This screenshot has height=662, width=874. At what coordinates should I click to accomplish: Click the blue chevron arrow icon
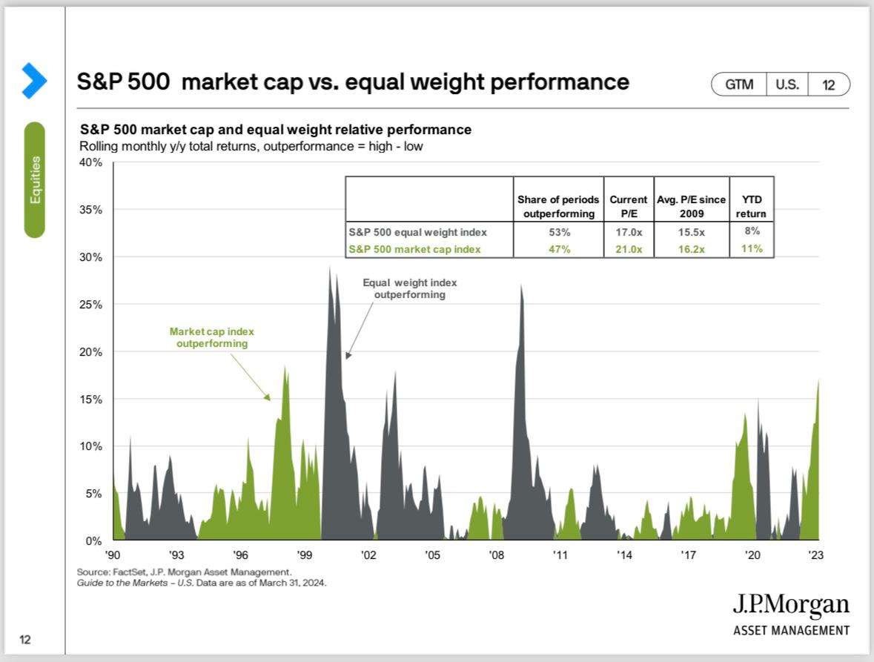pos(34,81)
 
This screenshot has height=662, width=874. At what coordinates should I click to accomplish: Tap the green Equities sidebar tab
pos(35,179)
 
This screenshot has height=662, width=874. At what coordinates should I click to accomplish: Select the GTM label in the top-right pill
pos(739,85)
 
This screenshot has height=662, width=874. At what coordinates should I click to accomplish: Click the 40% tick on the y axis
pos(90,162)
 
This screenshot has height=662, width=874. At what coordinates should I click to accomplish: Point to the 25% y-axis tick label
pos(90,304)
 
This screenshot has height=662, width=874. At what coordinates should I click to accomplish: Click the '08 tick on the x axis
pos(496,555)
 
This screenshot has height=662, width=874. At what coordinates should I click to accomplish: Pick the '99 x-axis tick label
pos(305,555)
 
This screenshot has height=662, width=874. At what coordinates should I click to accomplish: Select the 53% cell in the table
pos(559,232)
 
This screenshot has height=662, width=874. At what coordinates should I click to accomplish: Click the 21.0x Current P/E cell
pos(629,249)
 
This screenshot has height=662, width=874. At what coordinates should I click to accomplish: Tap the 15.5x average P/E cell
pos(691,232)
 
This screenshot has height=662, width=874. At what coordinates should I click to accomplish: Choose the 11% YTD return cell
pos(752,248)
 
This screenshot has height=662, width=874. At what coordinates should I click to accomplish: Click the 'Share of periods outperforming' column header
pos(558,206)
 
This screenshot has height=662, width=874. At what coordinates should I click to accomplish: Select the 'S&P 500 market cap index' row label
pos(414,249)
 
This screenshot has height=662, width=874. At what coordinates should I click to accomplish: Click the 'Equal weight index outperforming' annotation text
pos(410,288)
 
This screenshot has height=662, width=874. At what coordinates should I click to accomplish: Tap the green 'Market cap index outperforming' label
pos(212,338)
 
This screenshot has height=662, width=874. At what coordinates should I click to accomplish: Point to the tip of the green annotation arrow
pos(271,400)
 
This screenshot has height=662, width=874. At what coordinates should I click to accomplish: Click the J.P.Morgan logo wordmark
pos(791,605)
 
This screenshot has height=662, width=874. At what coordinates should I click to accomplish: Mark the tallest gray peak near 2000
pos(329,268)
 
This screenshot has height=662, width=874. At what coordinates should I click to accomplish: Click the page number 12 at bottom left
pos(25,639)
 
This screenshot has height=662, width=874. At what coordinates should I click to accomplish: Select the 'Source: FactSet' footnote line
pos(184,572)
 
